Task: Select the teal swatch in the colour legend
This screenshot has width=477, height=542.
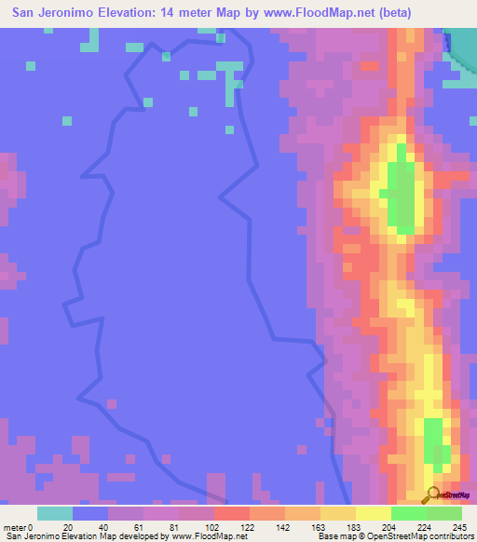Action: click(x=55, y=513)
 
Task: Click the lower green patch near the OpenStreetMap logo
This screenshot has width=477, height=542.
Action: click(x=434, y=443)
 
